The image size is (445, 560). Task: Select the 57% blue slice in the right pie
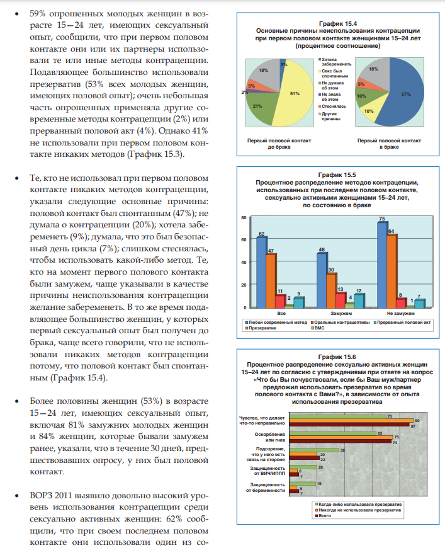[395, 94]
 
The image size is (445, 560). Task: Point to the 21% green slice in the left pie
[259, 108]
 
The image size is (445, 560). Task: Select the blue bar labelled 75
[382, 265]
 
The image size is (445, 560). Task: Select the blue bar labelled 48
[322, 280]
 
